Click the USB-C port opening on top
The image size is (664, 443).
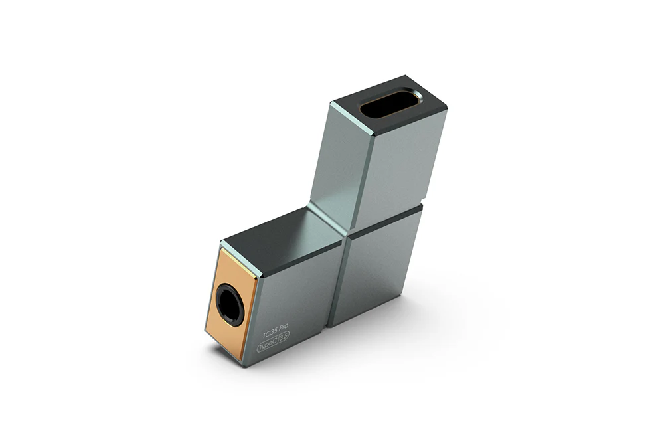coord(390,105)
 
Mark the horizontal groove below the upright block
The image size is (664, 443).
coord(385,219)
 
